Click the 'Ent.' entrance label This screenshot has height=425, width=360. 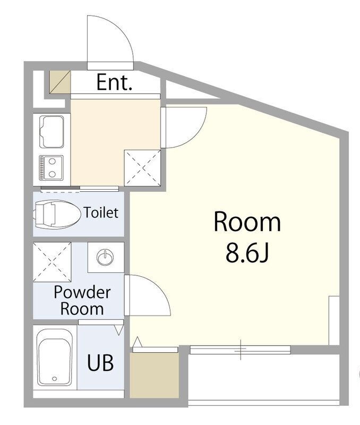[114, 82]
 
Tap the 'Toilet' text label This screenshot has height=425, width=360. [101, 212]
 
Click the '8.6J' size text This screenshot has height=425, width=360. [247, 252]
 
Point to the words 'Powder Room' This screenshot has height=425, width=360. [82, 300]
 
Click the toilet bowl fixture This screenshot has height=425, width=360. [57, 214]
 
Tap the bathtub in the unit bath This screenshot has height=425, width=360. [55, 357]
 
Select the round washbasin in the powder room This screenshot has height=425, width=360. [105, 257]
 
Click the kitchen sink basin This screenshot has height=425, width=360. [52, 132]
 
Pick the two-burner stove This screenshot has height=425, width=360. [51, 168]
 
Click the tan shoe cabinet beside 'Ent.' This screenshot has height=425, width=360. [60, 82]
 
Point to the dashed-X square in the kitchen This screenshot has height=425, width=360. [142, 167]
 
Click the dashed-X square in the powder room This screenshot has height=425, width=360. [52, 262]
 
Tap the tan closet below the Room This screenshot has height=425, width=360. [154, 375]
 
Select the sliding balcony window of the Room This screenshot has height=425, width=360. [241, 350]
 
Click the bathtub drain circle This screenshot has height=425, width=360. [55, 379]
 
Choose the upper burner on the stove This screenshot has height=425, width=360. [52, 161]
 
